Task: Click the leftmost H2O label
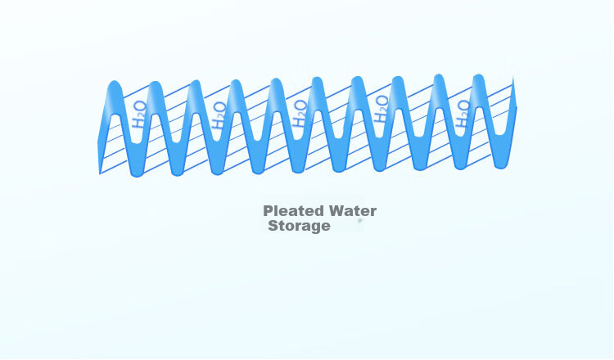point(139,115)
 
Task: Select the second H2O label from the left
point(219,115)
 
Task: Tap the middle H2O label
point(300,114)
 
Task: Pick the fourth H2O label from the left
point(381,110)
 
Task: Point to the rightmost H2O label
point(463,114)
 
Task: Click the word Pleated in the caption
point(295,211)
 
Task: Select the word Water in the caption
point(353,211)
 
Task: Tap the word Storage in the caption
point(299,226)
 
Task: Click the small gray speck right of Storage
point(360,221)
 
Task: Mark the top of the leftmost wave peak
point(115,81)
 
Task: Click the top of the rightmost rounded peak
point(479,74)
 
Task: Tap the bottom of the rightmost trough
point(500,169)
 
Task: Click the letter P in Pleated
point(268,211)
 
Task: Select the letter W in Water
point(337,211)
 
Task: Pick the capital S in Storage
point(273,226)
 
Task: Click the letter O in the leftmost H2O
point(140,106)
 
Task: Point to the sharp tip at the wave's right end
point(513,77)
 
